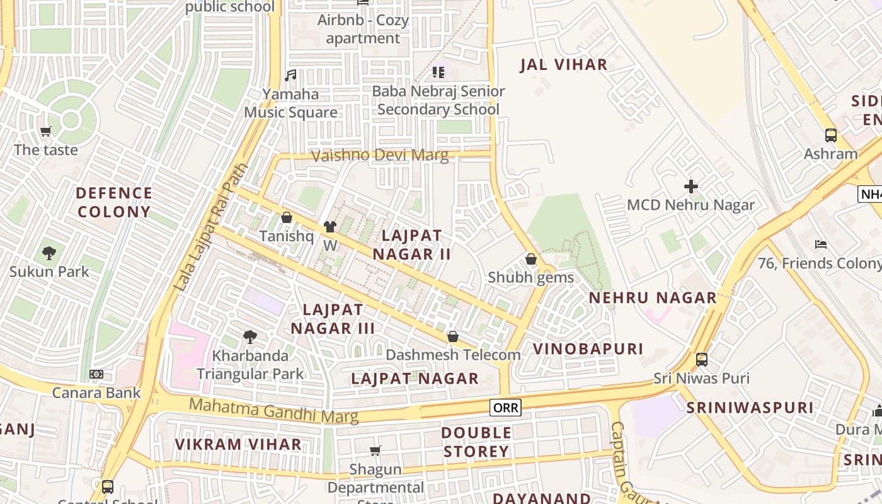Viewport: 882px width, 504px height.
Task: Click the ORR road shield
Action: pos(505,408)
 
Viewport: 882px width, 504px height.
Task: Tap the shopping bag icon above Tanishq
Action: pos(287,218)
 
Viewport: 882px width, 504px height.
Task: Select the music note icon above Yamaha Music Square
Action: pos(290,76)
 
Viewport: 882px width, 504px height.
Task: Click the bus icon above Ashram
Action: pos(830,135)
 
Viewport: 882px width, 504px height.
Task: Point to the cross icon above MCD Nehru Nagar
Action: pos(691,186)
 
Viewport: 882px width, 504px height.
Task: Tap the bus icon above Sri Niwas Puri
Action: pos(701,360)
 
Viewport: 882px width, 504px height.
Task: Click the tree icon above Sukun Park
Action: pos(49,253)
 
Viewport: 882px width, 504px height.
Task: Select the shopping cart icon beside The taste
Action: pos(45,132)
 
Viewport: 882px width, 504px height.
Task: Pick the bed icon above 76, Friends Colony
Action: pos(820,244)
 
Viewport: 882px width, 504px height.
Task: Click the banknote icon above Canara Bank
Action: pos(96,374)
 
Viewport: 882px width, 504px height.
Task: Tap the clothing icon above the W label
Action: pos(329,227)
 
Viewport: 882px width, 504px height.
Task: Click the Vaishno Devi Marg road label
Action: pos(381,155)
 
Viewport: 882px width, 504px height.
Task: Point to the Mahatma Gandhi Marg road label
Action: pos(273,411)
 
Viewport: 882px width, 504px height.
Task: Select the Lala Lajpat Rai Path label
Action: pos(210,228)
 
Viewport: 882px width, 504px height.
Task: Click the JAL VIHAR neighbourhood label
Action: pos(563,65)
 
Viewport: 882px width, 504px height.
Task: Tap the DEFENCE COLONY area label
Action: pos(114,202)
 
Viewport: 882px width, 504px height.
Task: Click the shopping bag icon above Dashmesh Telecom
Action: pos(452,336)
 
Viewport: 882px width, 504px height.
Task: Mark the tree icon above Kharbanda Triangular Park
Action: pos(250,337)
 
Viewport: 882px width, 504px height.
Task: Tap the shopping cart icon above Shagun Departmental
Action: pos(375,450)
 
